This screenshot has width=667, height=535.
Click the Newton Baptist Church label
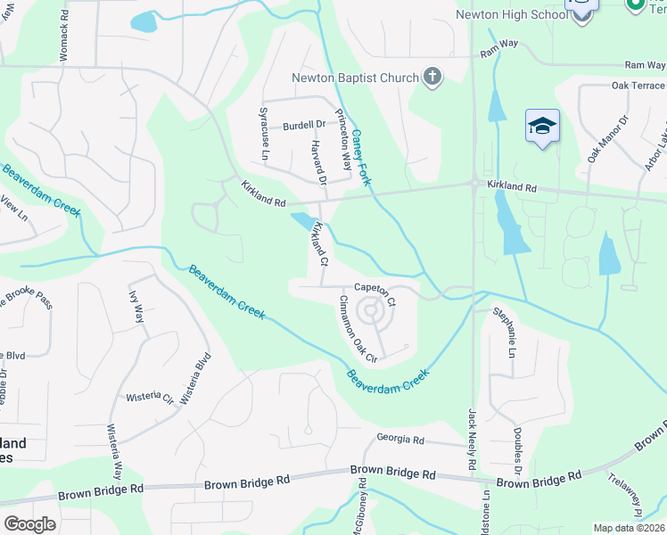point(355,78)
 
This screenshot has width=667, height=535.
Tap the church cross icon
point(432,78)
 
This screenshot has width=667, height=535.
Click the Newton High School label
point(511,15)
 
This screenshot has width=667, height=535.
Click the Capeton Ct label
point(375,287)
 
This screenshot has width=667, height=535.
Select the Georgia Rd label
point(399,440)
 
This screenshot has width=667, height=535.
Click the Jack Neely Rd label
point(473,440)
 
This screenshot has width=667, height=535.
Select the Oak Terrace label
point(639,86)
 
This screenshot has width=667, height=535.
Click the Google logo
point(29,524)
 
